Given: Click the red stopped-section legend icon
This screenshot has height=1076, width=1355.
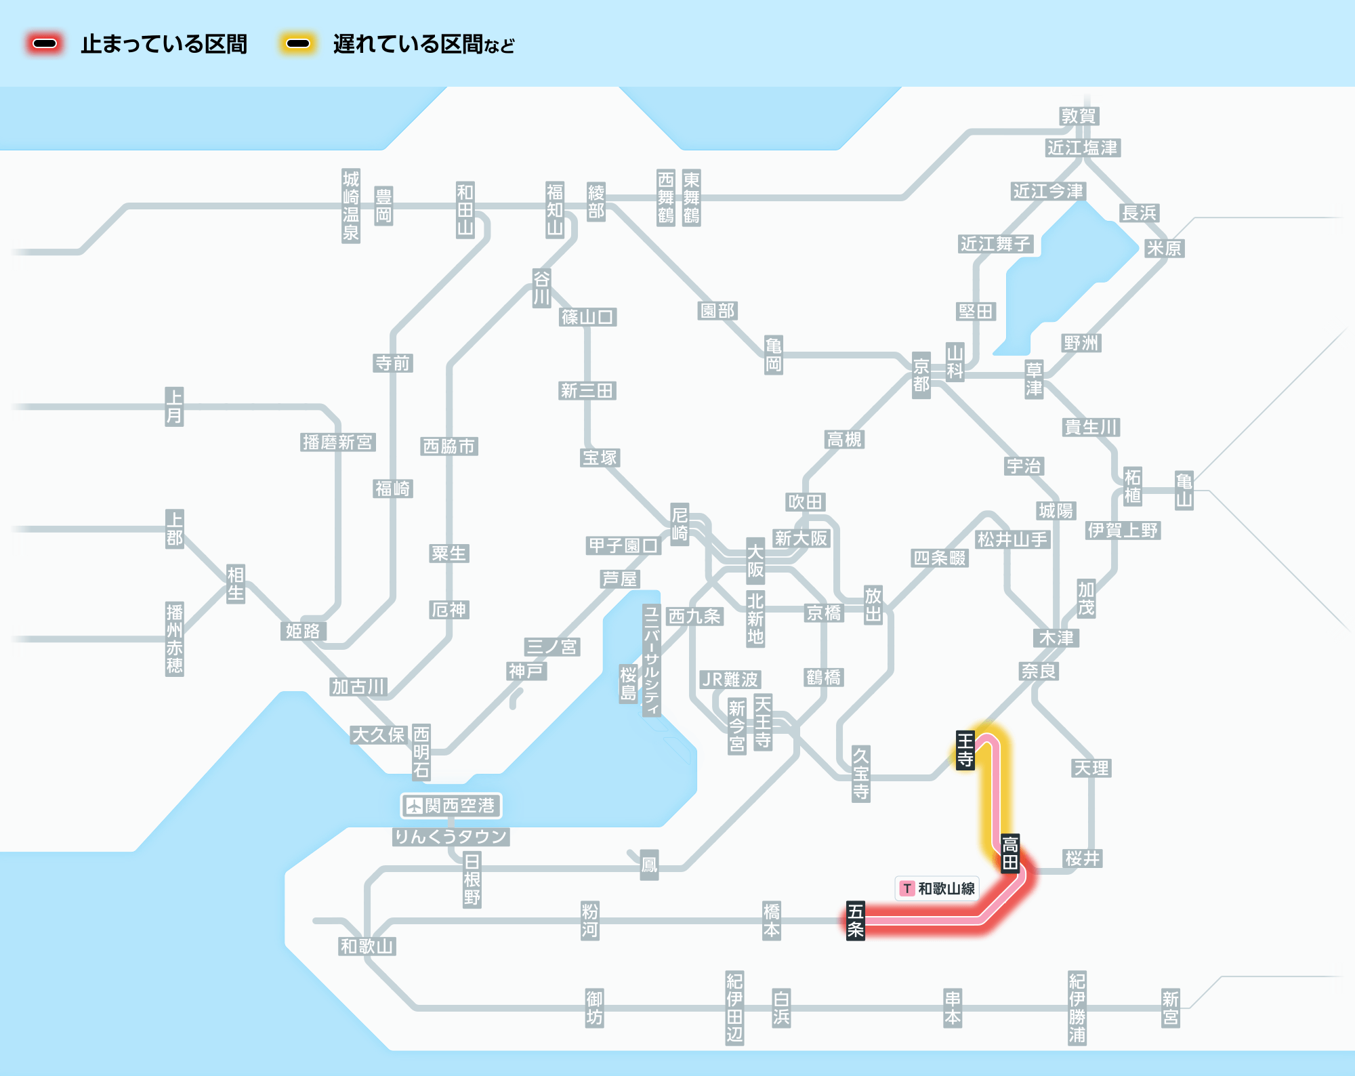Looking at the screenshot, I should coord(45,44).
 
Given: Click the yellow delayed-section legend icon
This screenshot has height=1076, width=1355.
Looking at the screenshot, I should coord(298,44).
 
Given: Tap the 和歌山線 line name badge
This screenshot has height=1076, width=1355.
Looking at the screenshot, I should coord(938,888).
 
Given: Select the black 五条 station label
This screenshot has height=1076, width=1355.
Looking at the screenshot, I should coord(856,920).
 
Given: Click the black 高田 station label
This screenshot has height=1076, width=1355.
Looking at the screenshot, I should coord(1010,853).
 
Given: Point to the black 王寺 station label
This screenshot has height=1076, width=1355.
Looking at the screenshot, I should coord(965,749).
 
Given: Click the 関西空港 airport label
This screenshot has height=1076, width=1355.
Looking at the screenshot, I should coord(451,806).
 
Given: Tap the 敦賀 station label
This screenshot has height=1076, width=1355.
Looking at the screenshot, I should coord(1079,116).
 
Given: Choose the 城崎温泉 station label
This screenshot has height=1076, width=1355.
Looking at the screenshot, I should coord(350,206).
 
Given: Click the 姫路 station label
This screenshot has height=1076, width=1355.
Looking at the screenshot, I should coord(303,631).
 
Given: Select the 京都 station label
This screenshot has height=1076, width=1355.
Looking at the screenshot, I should coord(921,375).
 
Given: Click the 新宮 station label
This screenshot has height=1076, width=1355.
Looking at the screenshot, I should coord(1171,1008).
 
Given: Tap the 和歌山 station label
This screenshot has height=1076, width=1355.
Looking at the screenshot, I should coord(367,946).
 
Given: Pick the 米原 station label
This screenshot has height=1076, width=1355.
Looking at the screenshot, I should coord(1164,248).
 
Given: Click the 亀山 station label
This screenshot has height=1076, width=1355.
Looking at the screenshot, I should coord(1184,491).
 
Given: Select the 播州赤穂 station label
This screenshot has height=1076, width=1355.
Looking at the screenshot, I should coord(174,639).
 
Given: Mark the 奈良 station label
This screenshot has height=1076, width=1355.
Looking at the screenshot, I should coord(1039,671).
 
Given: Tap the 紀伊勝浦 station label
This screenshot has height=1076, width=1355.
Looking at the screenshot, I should coord(1077,1008).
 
